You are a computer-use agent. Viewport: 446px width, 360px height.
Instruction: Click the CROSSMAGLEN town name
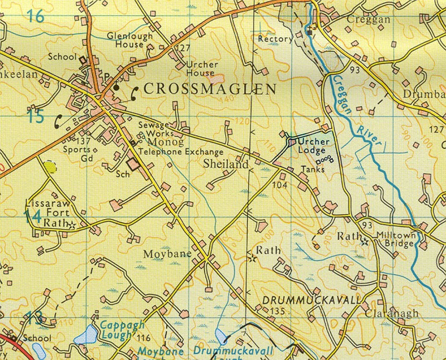coord(210,90)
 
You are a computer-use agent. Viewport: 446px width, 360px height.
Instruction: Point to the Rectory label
coord(275,39)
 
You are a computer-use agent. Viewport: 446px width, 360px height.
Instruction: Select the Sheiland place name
coord(225,164)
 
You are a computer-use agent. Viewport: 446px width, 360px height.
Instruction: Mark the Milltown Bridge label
coord(395,239)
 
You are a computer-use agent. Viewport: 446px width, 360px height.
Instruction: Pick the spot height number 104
coord(279,184)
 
